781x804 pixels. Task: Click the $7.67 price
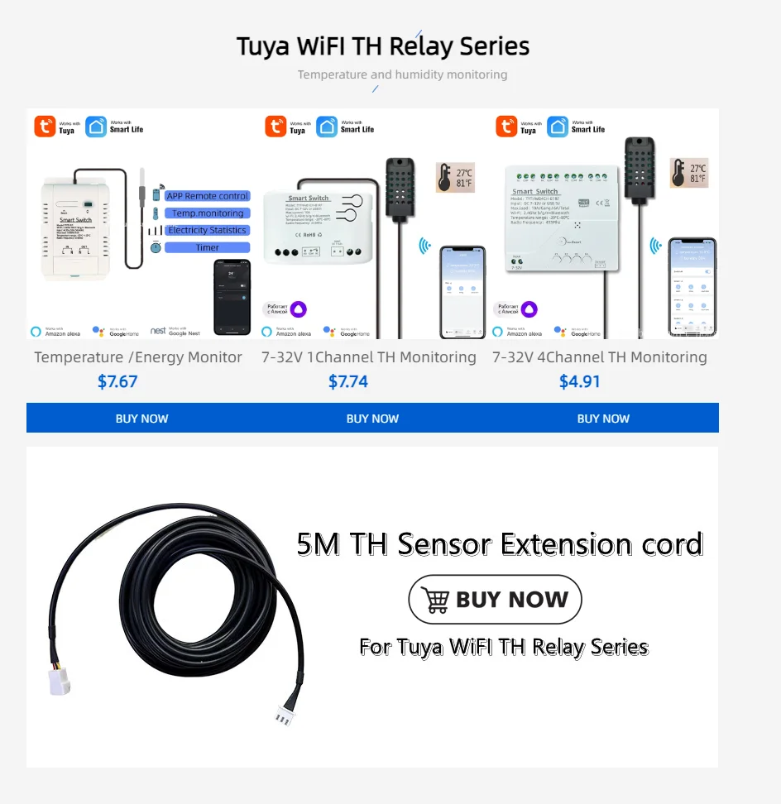[117, 381]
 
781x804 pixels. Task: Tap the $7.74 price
[348, 381]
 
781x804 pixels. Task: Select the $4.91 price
[579, 381]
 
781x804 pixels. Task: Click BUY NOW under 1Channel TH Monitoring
[372, 419]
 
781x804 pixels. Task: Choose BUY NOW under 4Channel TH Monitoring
[603, 419]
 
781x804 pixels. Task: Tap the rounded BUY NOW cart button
[495, 600]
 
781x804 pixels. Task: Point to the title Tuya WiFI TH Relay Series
[383, 46]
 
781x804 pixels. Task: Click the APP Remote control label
[207, 196]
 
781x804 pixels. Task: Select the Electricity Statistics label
[207, 230]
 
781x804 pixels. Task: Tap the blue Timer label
[207, 247]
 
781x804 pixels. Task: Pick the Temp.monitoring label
[207, 213]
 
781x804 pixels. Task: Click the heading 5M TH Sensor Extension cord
[500, 544]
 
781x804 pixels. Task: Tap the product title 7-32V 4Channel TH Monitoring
[600, 357]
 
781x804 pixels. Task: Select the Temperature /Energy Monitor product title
[138, 357]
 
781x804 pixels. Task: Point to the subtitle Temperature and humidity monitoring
[402, 74]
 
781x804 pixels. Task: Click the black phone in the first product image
[232, 297]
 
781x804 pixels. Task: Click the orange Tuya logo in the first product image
[44, 127]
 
